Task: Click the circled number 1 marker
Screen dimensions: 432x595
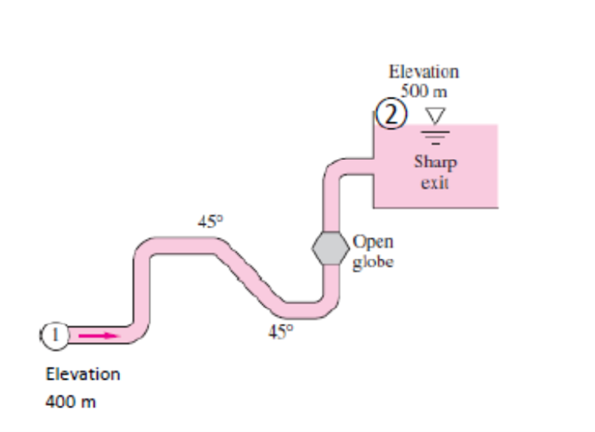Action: [x=55, y=334]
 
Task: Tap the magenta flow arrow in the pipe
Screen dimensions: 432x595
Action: [x=97, y=335]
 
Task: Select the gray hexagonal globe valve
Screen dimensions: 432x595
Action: [x=330, y=247]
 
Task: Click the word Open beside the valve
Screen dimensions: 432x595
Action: [x=373, y=241]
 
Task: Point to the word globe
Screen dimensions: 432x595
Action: [x=373, y=262]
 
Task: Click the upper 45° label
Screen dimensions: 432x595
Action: [x=211, y=222]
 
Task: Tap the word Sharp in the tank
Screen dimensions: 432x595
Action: [x=435, y=162]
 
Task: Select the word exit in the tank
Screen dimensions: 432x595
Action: [x=434, y=182]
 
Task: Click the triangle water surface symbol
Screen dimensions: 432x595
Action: [x=434, y=115]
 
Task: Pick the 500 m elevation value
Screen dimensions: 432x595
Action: [x=424, y=92]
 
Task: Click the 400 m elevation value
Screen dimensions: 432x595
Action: [x=71, y=401]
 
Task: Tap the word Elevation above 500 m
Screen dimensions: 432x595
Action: [x=424, y=71]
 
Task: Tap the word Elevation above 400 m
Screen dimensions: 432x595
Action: [x=83, y=374]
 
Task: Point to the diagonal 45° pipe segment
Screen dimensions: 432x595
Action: [x=247, y=275]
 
